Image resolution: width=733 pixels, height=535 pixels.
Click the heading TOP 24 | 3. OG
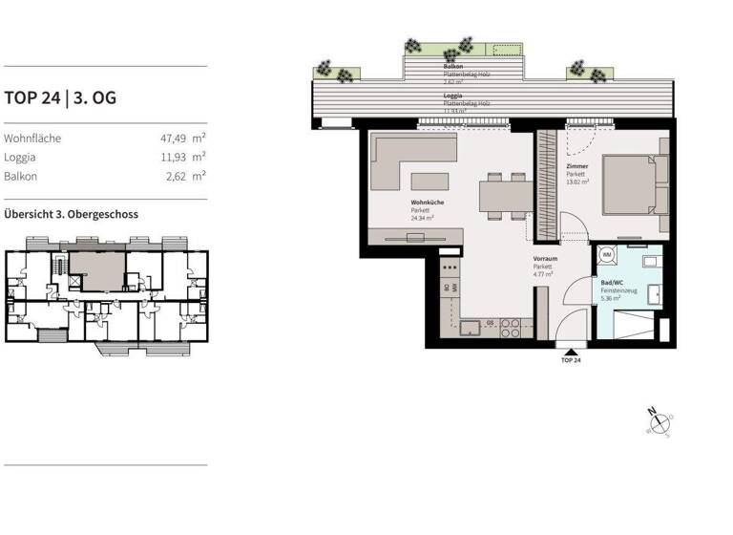pyautogui.click(x=60, y=97)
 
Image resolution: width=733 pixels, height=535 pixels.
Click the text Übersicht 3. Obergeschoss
pyautogui.click(x=71, y=214)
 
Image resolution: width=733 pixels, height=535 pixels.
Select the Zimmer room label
pyautogui.click(x=576, y=165)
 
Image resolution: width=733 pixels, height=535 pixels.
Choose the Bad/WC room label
pyautogui.click(x=611, y=284)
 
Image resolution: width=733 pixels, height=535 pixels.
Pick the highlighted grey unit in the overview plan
pyautogui.click(x=96, y=269)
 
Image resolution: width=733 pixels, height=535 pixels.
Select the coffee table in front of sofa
pyautogui.click(x=427, y=182)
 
